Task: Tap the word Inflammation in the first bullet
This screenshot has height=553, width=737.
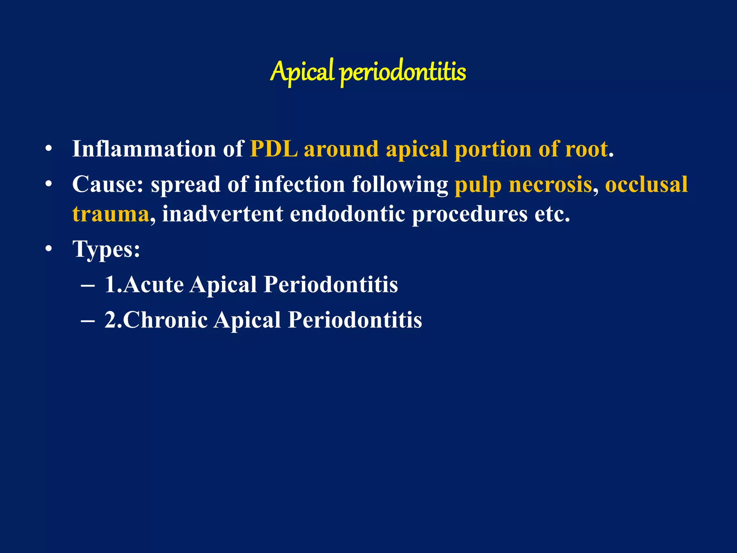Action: pos(144,149)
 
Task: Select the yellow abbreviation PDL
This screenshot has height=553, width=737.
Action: pos(274,149)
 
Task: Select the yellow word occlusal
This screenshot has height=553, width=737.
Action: pos(646,184)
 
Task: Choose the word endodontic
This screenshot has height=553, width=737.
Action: pos(347,214)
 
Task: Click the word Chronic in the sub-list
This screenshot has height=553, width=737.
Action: pos(166,320)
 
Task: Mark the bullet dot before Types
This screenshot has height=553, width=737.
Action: pos(49,249)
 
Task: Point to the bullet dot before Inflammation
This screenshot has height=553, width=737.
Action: pos(49,149)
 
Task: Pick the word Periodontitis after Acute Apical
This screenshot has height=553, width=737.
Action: pos(331,285)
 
